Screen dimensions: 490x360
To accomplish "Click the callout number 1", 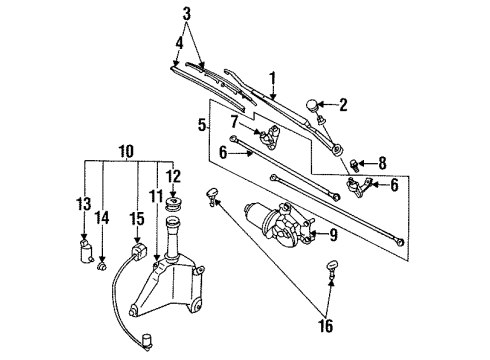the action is pos(273,79).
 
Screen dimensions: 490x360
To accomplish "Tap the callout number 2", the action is pos(343,105).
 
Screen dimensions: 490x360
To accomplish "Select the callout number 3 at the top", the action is pos(187,14).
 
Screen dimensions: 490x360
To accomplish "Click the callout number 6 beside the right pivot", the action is pos(394,185).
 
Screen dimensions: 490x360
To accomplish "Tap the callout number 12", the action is pos(173,176).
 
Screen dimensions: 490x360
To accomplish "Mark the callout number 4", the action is pos(179,43).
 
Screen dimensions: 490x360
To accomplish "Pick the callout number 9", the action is pos(333,235).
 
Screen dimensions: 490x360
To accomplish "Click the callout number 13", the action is pos(83,204).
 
